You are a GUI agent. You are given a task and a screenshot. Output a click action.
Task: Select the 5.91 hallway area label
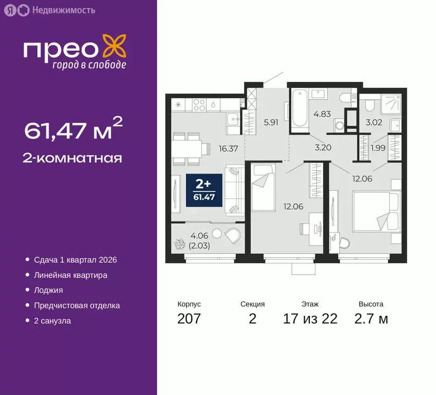pos(271,122)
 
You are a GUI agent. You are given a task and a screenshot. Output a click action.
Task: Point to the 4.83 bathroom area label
pos(322,114)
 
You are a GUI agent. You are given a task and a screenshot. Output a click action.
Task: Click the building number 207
pos(188,318)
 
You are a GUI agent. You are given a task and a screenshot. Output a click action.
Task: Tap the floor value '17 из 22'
pos(310,318)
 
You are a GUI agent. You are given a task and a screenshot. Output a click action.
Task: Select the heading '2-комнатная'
pos(73,158)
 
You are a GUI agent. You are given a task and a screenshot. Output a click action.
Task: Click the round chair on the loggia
pos(232,236)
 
